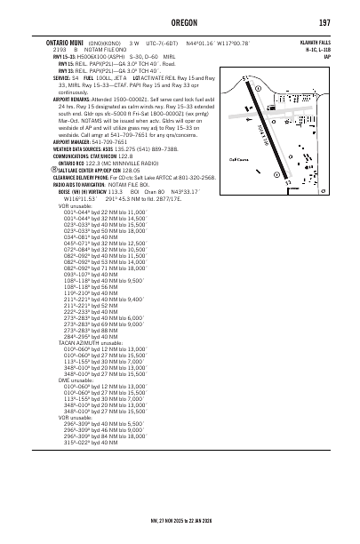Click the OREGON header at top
(x=180, y=20)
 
